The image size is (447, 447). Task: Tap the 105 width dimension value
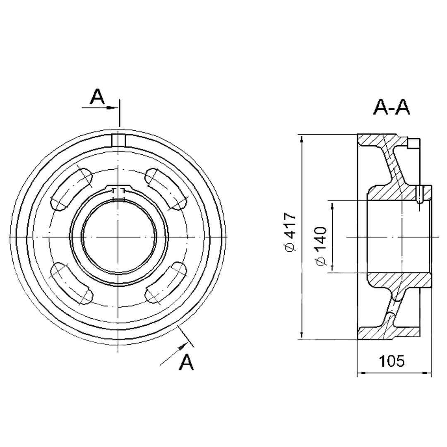[x=392, y=361]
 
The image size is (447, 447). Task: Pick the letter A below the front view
[x=186, y=362]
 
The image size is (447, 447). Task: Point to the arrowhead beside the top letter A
[x=112, y=108]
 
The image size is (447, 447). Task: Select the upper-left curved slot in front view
[x=72, y=190]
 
